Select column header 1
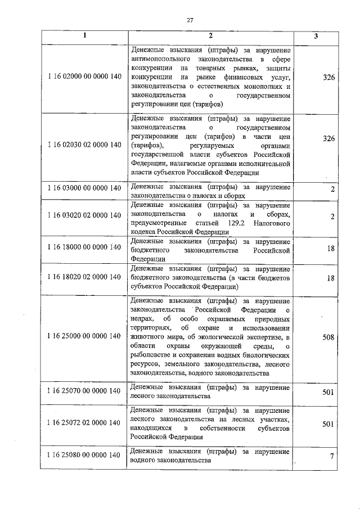click(x=84, y=36)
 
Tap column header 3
click(x=316, y=36)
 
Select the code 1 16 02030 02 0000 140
click(x=84, y=145)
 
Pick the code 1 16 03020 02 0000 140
click(x=84, y=215)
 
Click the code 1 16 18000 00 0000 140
click(x=84, y=247)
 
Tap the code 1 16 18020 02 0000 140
click(x=84, y=277)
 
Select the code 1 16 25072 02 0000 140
click(x=84, y=423)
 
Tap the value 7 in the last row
click(x=332, y=456)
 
